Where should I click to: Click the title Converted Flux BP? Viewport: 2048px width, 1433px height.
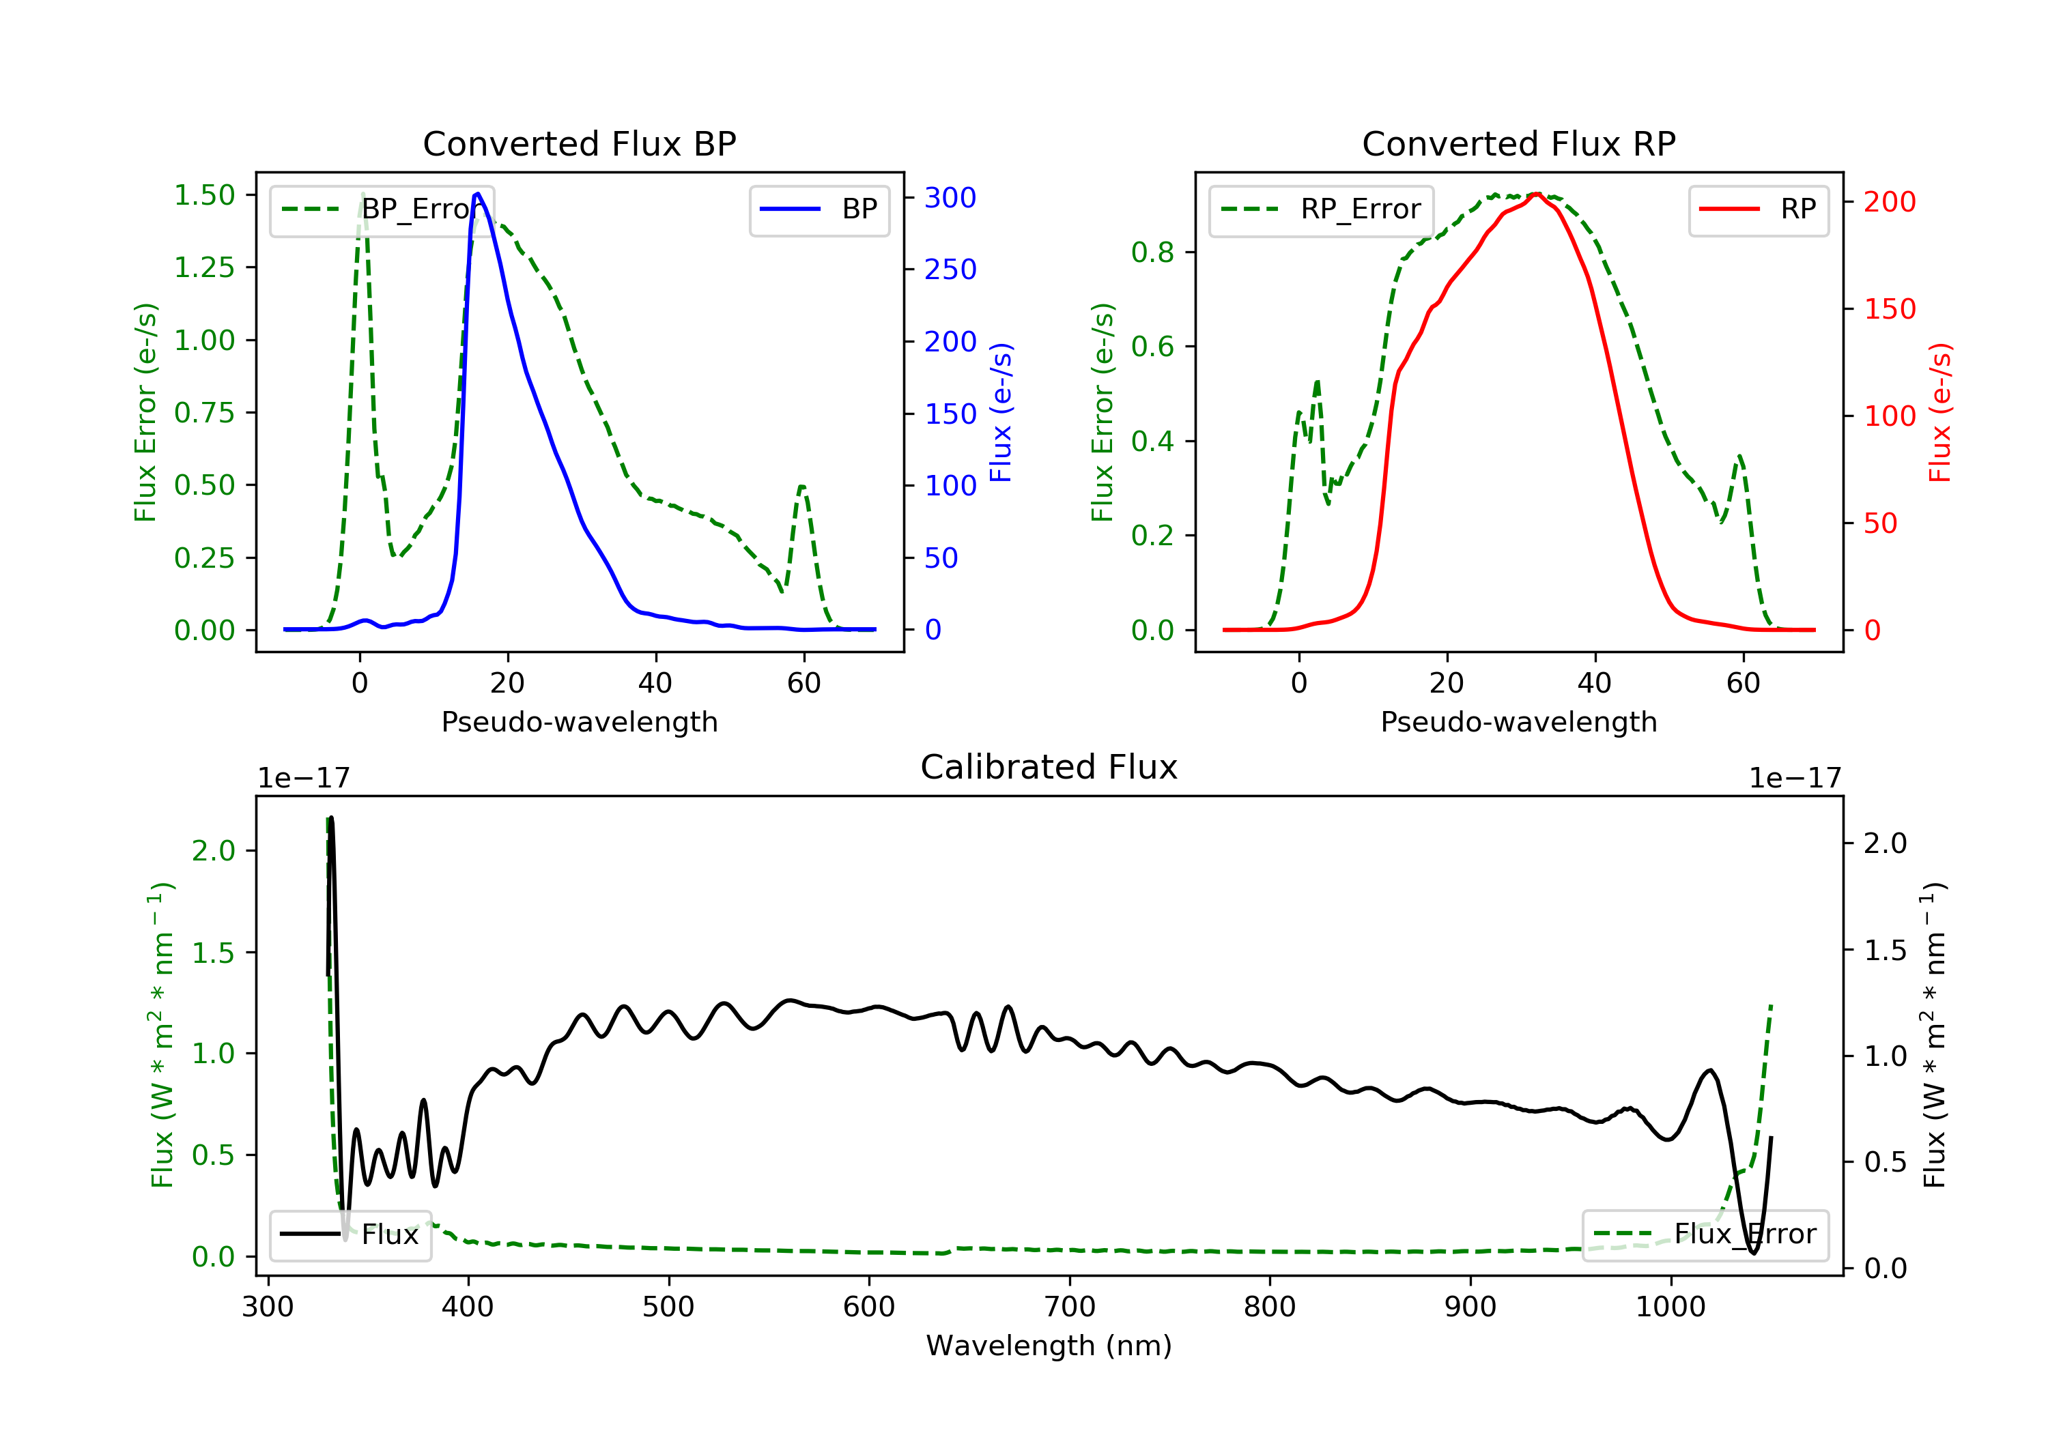579,143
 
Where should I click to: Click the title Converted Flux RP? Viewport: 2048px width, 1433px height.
1518,143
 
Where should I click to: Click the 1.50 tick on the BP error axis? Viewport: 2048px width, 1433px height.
204,195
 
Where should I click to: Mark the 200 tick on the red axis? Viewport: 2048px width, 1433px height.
1889,201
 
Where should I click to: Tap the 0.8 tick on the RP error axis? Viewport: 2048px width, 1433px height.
1152,252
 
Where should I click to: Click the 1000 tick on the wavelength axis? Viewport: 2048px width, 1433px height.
1670,1307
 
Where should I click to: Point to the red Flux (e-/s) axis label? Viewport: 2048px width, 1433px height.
1939,412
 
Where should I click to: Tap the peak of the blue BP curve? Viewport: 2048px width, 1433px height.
478,194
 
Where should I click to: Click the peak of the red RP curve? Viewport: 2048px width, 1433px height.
1536,194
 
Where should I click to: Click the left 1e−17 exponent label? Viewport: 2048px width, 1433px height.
303,779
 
